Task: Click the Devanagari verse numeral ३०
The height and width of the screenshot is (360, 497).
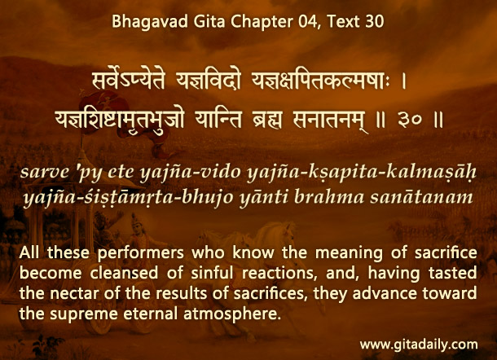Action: click(x=409, y=121)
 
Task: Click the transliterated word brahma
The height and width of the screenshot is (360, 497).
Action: click(x=329, y=196)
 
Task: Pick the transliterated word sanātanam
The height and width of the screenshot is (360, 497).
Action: click(x=421, y=197)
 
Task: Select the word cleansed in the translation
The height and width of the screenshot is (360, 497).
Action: click(x=124, y=273)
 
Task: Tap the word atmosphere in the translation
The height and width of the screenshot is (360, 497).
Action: click(x=232, y=314)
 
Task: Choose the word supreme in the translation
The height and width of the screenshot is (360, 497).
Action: click(x=84, y=314)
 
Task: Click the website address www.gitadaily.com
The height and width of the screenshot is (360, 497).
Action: click(x=419, y=345)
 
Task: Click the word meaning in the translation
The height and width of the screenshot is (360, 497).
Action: click(x=349, y=253)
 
